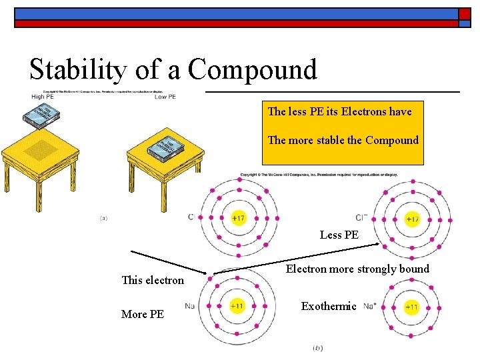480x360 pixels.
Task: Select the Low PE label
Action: [165, 97]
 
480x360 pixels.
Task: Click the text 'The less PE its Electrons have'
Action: [339, 111]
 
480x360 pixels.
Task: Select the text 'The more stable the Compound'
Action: [343, 140]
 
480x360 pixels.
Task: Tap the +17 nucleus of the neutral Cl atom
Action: [238, 217]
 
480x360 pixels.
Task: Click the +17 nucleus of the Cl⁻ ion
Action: [412, 218]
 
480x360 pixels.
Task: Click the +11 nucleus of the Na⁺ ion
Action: [411, 307]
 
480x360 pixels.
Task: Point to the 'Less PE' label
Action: [339, 235]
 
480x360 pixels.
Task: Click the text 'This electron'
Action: [153, 280]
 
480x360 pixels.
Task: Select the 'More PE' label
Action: [143, 314]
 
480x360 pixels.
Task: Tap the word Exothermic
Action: [329, 306]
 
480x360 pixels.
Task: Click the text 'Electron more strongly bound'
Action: [357, 269]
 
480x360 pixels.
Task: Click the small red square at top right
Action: [465, 14]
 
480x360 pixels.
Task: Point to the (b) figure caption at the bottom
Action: [317, 348]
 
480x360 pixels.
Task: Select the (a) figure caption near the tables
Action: [103, 217]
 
